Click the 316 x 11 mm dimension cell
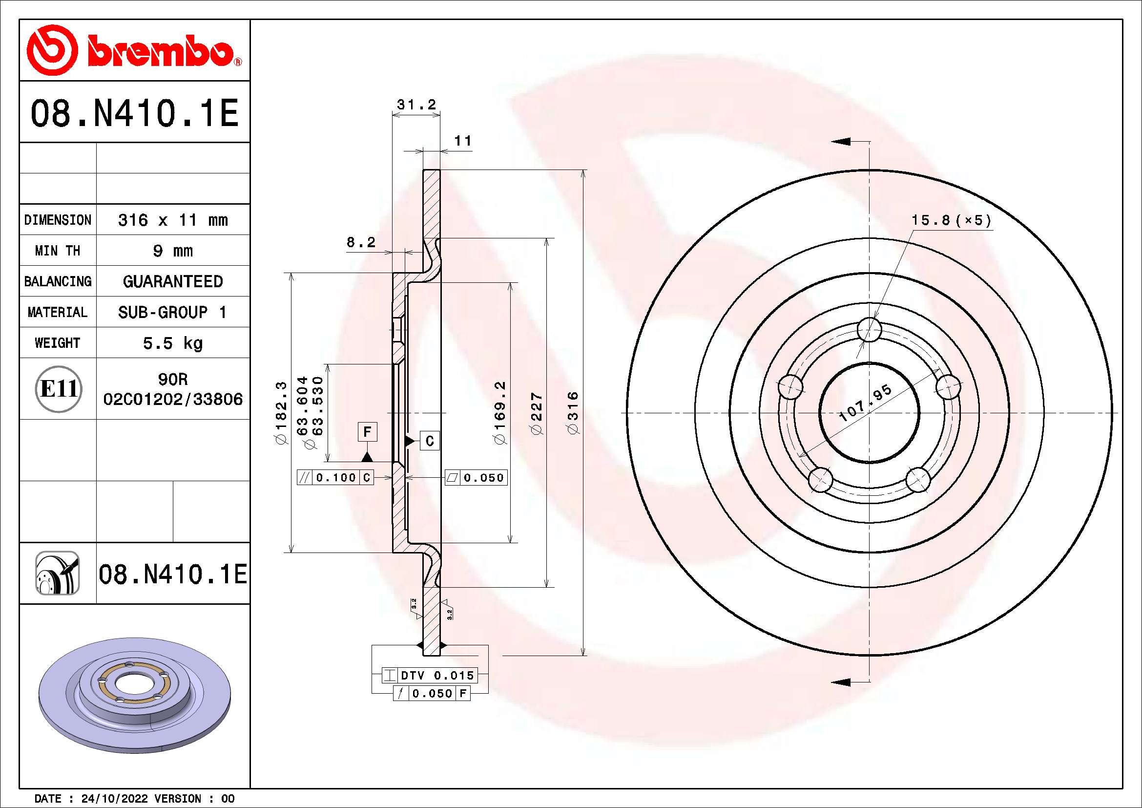click(172, 220)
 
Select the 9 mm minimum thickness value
click(172, 251)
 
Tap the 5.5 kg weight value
click(172, 343)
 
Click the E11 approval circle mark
click(58, 388)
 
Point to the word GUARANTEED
click(172, 281)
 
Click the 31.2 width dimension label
click(416, 105)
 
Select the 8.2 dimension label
click(361, 242)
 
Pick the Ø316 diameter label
click(573, 412)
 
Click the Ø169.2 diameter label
click(499, 412)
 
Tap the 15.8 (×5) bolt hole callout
click(951, 220)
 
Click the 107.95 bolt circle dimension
click(866, 403)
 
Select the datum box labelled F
click(367, 432)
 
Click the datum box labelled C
click(430, 441)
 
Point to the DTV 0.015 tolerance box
click(430, 675)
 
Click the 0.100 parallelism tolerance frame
click(336, 478)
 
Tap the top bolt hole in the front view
click(869, 329)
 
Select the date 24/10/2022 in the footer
click(114, 799)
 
